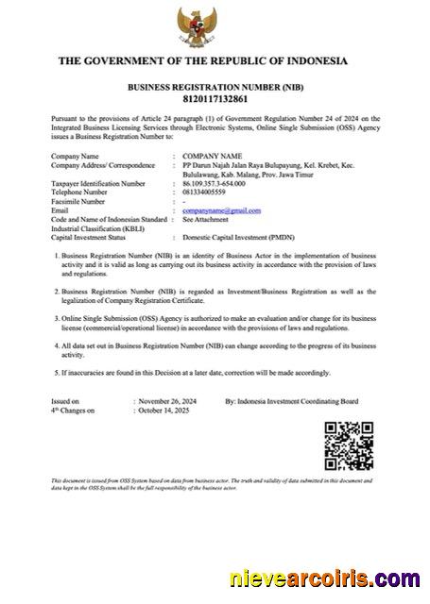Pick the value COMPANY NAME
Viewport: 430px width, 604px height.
213,155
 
